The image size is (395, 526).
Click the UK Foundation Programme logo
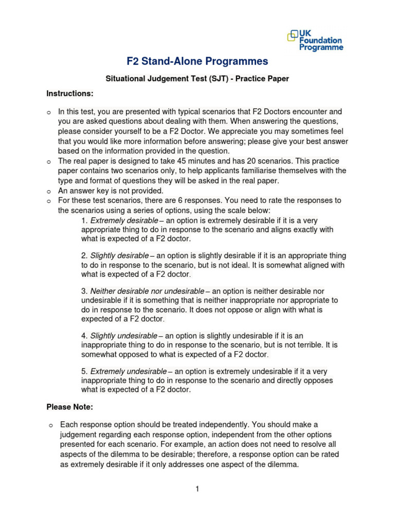point(315,40)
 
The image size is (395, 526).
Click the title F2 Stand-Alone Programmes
point(197,62)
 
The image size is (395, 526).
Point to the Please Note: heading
point(70,407)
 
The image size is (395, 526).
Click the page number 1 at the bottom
point(197,489)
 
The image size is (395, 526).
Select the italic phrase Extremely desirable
point(124,220)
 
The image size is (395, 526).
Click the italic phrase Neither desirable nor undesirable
point(147,291)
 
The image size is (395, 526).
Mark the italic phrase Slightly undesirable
point(123,335)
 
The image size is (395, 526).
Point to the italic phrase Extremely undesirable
point(128,371)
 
